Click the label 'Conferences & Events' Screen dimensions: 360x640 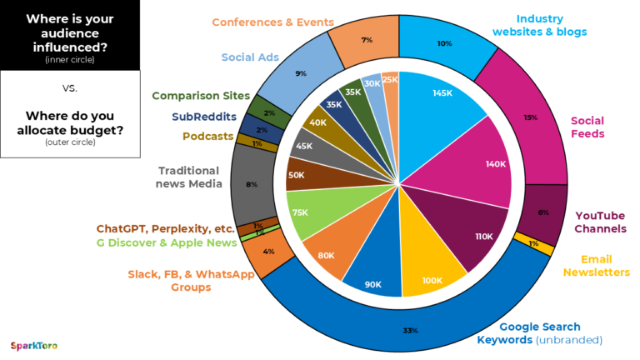[272, 22]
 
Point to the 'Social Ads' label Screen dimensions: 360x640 [250, 57]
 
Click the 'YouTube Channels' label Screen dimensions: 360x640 [599, 222]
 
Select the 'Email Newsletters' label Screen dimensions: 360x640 [596, 266]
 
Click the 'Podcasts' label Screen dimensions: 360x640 [207, 136]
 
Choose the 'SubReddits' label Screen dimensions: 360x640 [204, 117]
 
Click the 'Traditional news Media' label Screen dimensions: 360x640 [190, 177]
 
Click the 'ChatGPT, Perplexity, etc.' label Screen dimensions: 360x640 [165, 228]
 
